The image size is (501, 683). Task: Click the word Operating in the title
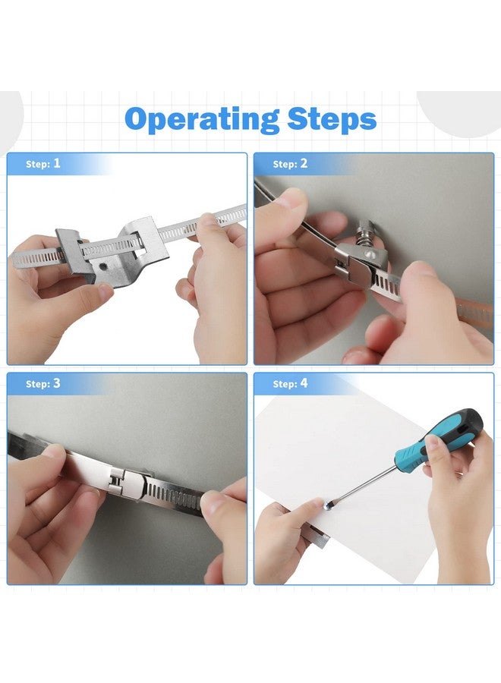pos(202,119)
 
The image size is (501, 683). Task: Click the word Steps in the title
pos(332,118)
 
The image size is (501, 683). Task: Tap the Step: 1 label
pos(43,164)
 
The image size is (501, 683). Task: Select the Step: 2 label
pos(290,164)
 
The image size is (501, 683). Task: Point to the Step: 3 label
pos(43,384)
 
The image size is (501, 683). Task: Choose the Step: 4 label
pos(290,384)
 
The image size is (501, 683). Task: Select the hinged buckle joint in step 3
pos(118,481)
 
